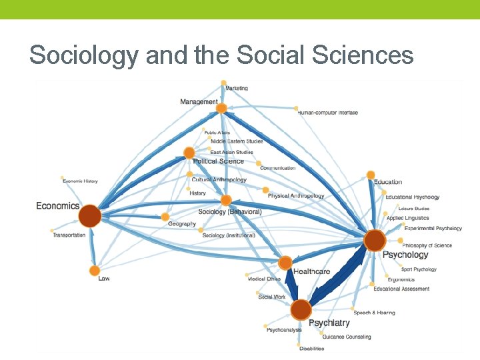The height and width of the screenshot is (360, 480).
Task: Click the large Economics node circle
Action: tap(89, 216)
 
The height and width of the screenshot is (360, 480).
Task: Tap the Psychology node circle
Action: tap(375, 241)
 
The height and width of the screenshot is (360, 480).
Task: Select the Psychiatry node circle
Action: tap(301, 309)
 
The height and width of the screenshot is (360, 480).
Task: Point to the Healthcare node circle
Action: tap(285, 263)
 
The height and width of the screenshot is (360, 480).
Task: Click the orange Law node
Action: tap(94, 271)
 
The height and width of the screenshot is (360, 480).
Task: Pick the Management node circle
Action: tap(221, 108)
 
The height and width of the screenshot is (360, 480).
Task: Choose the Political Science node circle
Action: tap(189, 153)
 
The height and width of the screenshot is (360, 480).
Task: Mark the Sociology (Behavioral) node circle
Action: tap(226, 200)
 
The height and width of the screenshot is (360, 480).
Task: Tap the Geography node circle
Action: tap(165, 217)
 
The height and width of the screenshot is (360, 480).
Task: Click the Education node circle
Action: tap(371, 175)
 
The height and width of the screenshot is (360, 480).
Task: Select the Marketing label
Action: tap(237, 88)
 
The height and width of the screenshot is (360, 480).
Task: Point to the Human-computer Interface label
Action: tap(328, 113)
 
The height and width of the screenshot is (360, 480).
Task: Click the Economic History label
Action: tap(80, 181)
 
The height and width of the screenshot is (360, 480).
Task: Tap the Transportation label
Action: tap(69, 235)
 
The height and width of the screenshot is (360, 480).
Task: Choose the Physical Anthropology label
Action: tap(296, 196)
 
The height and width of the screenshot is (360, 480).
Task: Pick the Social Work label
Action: tap(271, 297)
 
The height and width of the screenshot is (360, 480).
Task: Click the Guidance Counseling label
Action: tap(346, 337)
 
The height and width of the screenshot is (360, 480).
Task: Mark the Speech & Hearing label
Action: tap(374, 313)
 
